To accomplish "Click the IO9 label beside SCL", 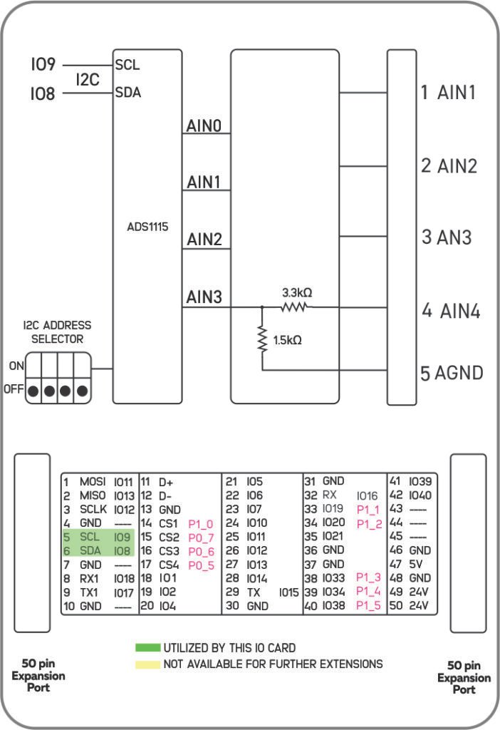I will pos(43,65).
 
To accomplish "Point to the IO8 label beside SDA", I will pos(43,94).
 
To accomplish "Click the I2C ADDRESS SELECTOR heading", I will pos(57,332).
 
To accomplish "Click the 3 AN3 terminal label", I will pos(447,237).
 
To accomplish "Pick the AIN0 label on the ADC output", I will pos(204,126).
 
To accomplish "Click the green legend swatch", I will pos(147,648).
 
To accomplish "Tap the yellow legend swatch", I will pos(147,664).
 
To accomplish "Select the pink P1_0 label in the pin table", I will pos(200,524).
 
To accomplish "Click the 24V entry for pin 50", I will pos(420,606).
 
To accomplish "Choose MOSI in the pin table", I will pos(93,483).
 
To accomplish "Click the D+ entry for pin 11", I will pos(166,483).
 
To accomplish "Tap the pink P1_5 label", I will pos(368,606).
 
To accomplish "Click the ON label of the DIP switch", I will pos(15,365).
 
